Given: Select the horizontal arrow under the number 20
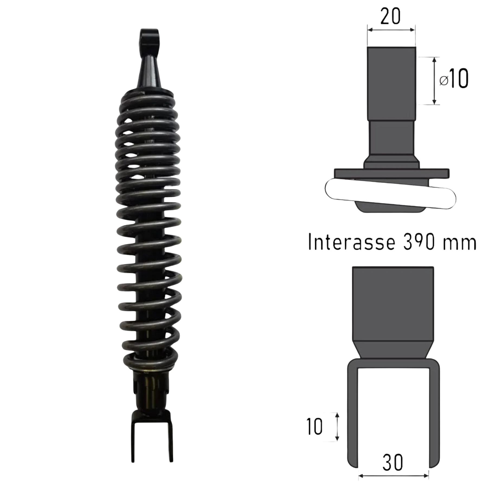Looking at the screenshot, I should (391, 30).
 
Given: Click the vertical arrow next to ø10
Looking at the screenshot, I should (434, 81).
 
